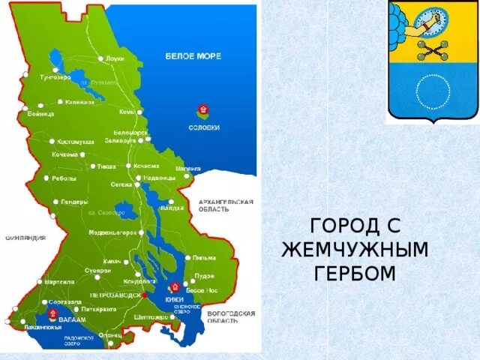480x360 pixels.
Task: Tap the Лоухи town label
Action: click(115, 58)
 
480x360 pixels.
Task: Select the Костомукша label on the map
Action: click(75, 142)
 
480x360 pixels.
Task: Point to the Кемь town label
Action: click(126, 112)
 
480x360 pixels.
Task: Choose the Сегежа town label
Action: click(121, 184)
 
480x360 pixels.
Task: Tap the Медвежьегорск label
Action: click(112, 232)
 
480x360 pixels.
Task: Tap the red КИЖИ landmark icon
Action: click(174, 286)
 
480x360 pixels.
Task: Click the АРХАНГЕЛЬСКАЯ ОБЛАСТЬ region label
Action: click(226, 205)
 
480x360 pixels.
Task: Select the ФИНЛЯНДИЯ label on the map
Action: click(25, 238)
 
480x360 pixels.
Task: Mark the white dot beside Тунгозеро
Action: click(26, 75)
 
